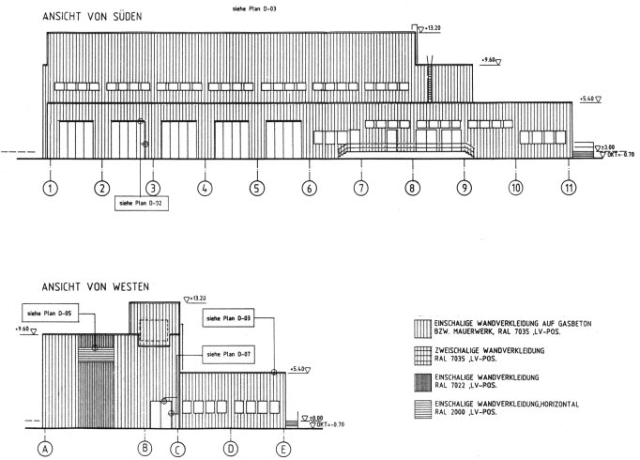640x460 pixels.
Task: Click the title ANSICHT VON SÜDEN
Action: tap(92, 17)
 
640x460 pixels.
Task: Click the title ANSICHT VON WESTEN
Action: tap(96, 287)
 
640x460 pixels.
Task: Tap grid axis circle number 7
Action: tap(360, 188)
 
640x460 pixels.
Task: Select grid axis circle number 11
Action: tap(569, 188)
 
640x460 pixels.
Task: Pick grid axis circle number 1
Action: tap(50, 188)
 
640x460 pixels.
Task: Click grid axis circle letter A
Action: tap(45, 449)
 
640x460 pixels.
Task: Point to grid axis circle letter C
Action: tap(177, 451)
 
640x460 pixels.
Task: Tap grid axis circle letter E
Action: tap(282, 450)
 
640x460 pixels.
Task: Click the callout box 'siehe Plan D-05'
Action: tap(50, 314)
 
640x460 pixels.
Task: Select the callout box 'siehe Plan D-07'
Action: tap(229, 354)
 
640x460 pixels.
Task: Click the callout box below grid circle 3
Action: tap(142, 203)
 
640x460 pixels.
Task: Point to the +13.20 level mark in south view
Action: tap(429, 28)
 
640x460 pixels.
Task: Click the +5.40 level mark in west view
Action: tap(300, 369)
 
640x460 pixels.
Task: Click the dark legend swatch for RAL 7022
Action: tap(422, 383)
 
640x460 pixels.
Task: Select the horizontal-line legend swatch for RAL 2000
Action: tap(422, 409)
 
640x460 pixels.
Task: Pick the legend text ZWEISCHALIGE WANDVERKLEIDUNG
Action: tap(490, 350)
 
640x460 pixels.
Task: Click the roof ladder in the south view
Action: tap(429, 79)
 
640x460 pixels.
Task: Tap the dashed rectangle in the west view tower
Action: tap(154, 332)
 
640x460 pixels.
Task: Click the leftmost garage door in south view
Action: tap(76, 140)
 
